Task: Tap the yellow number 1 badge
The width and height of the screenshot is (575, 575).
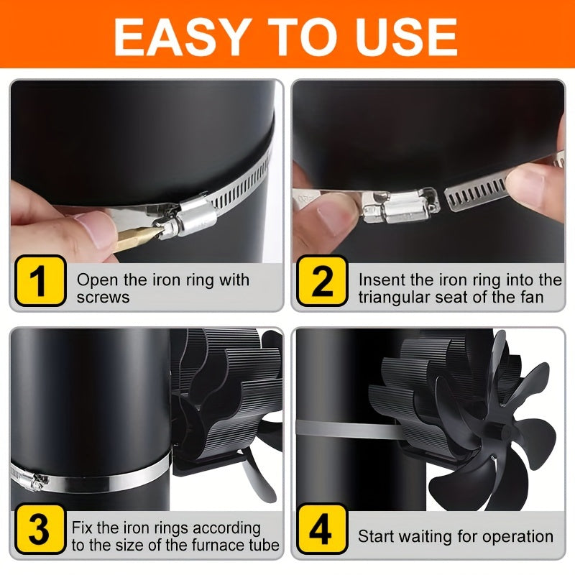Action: click(x=40, y=280)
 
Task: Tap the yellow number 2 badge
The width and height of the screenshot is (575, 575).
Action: click(x=322, y=280)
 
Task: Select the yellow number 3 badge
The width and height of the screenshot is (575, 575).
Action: click(x=40, y=529)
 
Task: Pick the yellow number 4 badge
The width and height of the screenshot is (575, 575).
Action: click(x=322, y=529)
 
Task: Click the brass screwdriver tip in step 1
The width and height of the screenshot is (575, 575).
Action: click(x=137, y=237)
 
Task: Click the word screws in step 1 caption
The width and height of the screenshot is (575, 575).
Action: click(x=103, y=298)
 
